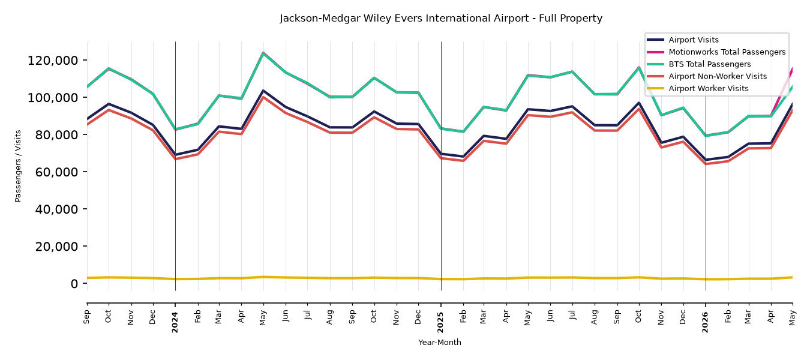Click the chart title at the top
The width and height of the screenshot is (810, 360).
(x=441, y=18)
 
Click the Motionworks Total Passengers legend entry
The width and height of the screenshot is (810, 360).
(x=716, y=52)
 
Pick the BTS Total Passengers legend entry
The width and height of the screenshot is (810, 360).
(x=698, y=64)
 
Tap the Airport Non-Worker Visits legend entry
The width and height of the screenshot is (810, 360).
(x=707, y=76)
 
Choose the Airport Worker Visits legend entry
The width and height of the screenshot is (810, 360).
(x=698, y=89)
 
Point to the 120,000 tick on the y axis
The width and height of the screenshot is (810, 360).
(x=53, y=61)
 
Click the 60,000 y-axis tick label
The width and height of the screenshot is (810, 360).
(x=56, y=172)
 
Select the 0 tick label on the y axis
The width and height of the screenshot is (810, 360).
(x=74, y=283)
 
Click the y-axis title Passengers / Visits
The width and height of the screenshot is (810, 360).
(x=18, y=166)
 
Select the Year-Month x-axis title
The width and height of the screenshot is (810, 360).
(x=440, y=342)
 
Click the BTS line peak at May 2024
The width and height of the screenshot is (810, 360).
(x=263, y=53)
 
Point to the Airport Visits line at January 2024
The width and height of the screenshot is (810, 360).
(x=175, y=155)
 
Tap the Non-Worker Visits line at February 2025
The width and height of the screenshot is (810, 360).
(x=463, y=160)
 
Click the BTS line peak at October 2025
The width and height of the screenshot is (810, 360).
(x=639, y=68)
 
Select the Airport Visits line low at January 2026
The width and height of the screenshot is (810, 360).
(x=706, y=160)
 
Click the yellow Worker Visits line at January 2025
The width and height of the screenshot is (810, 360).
(x=441, y=278)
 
